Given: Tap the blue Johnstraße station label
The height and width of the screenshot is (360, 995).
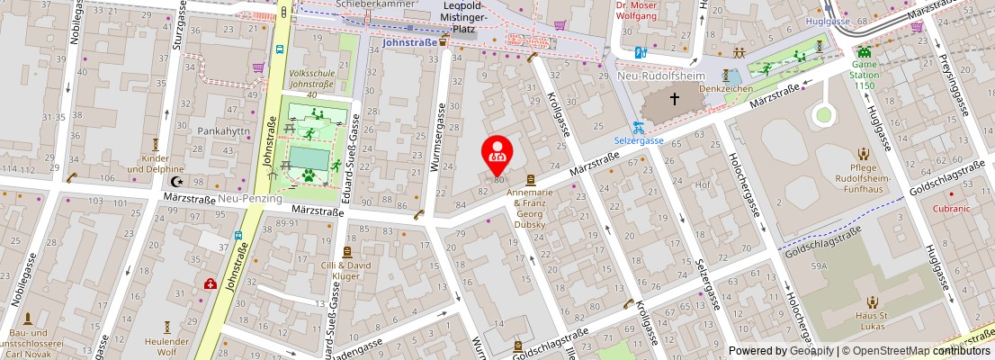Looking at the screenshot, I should point(408,41).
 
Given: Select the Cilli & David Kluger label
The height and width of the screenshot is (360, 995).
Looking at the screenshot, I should point(347,271).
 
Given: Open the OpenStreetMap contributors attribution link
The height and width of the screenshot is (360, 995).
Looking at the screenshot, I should point(916,351).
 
